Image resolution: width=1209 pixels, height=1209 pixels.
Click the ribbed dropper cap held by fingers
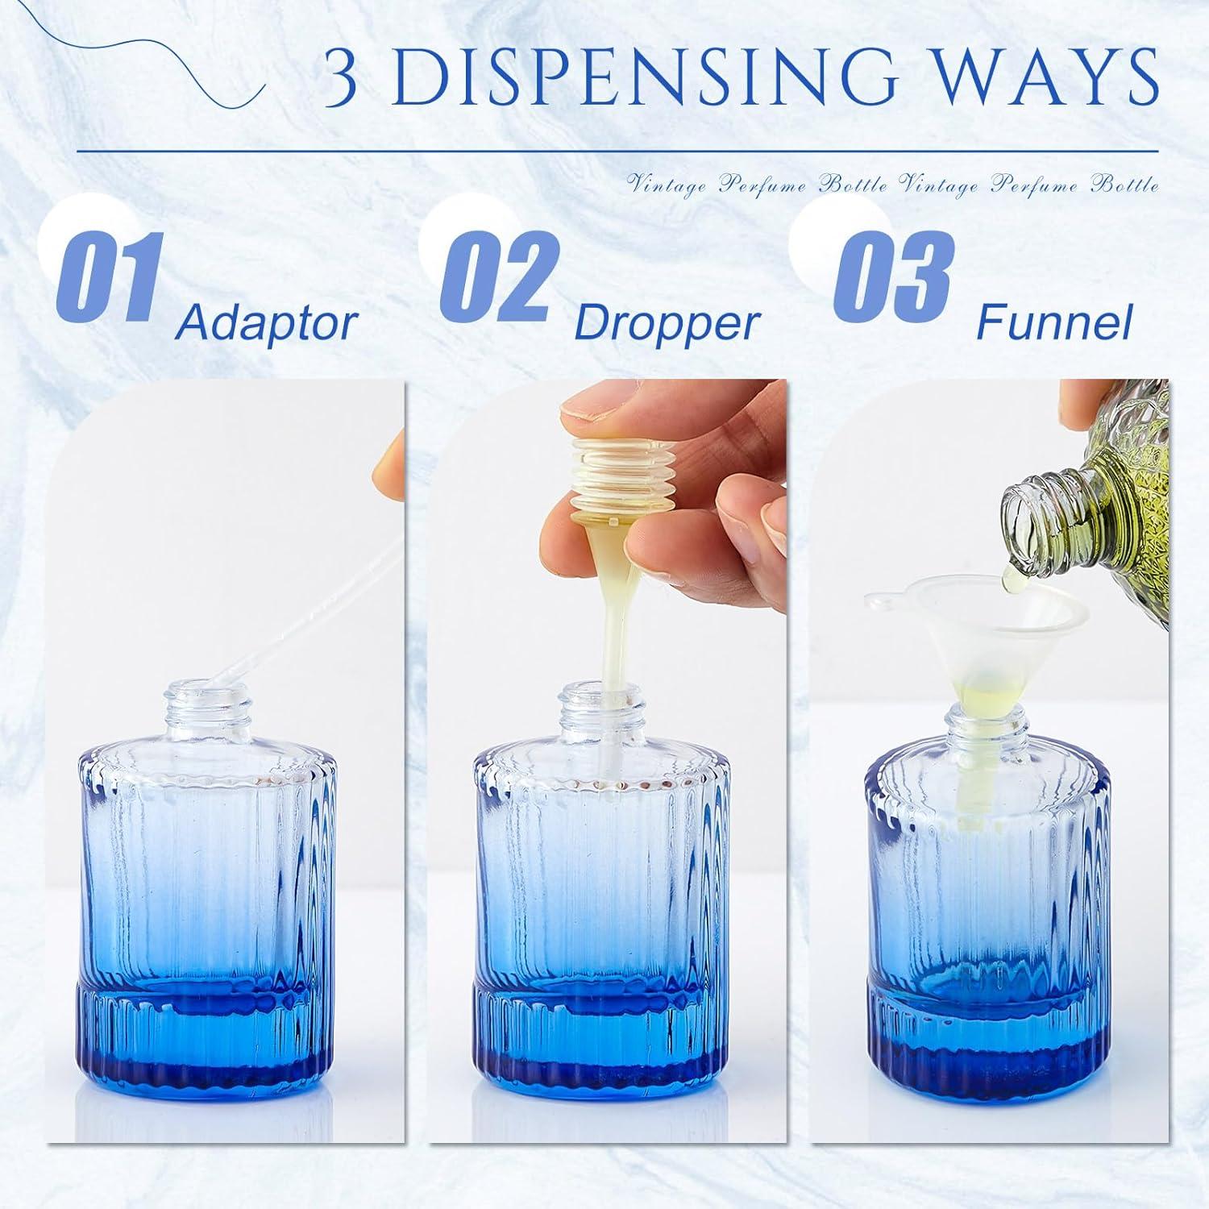point(613,476)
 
